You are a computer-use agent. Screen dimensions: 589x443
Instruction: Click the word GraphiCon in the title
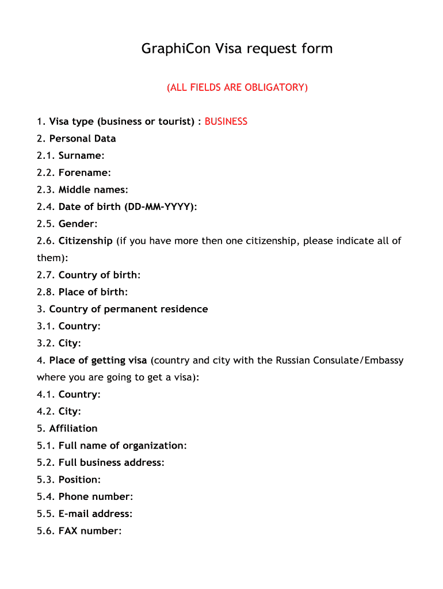pyautogui.click(x=177, y=49)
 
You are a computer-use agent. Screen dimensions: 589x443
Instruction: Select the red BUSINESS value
pyautogui.click(x=226, y=121)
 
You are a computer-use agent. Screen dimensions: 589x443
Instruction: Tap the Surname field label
pyautogui.click(x=81, y=155)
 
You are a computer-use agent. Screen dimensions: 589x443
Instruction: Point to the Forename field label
pyautogui.click(x=85, y=173)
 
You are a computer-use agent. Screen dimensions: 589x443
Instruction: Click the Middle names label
pyautogui.click(x=93, y=190)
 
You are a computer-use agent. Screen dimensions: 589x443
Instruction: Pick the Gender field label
pyautogui.click(x=78, y=224)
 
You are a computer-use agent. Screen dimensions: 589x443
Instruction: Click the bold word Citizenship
pyautogui.click(x=85, y=240)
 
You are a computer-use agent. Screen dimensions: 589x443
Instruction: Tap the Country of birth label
pyautogui.click(x=99, y=275)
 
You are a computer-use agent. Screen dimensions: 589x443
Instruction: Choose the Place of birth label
pyautogui.click(x=93, y=292)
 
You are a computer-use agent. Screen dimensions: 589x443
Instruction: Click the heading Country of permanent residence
pyautogui.click(x=128, y=309)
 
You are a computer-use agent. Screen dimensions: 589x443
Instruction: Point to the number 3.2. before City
pyautogui.click(x=46, y=343)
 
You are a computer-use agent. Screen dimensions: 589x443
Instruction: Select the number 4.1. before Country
pyautogui.click(x=46, y=395)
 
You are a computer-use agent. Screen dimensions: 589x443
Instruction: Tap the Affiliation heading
pyautogui.click(x=73, y=429)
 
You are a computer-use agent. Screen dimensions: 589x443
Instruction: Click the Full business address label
pyautogui.click(x=111, y=462)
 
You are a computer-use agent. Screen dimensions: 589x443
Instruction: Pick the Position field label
pyautogui.click(x=79, y=480)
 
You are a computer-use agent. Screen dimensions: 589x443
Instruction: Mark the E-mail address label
pyautogui.click(x=96, y=514)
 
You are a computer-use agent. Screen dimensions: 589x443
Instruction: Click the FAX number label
pyautogui.click(x=90, y=531)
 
